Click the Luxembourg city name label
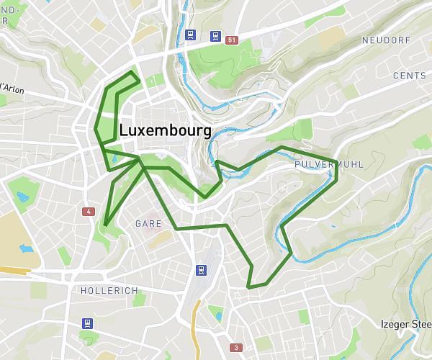165,130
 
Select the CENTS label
409,76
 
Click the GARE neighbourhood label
148,224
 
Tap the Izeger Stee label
406,325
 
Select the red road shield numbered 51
231,40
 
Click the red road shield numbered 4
88,212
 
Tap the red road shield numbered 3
235,348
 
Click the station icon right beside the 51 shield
215,35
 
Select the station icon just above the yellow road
201,270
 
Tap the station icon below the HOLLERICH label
88,323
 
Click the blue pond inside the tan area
27,249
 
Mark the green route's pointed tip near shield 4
104,225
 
